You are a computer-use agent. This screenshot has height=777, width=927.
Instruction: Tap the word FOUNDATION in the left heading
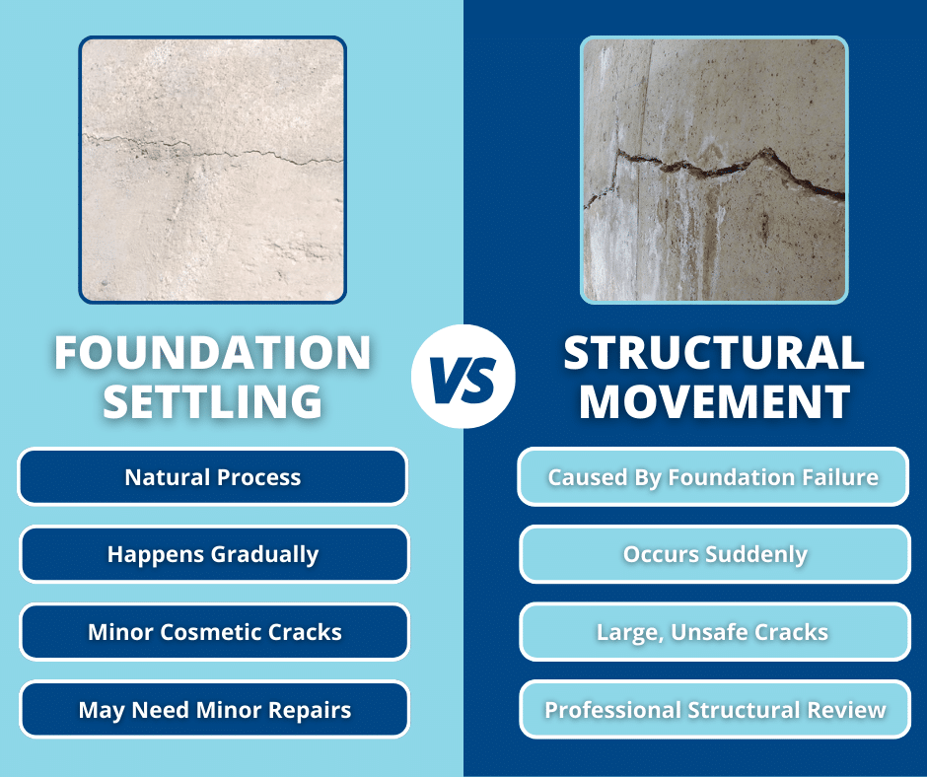[x=212, y=353]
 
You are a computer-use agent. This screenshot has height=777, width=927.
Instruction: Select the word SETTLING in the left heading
[x=212, y=401]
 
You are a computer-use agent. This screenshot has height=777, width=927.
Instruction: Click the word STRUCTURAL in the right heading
[x=714, y=353]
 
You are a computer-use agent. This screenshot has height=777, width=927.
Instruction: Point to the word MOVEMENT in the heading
[x=714, y=401]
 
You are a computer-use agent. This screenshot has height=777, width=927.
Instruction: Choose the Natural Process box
[x=213, y=477]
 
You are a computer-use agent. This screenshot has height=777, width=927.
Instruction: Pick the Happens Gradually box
[x=213, y=554]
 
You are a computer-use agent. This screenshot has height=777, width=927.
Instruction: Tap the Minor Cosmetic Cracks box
[x=213, y=632]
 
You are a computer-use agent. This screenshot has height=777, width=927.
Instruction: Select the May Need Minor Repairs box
[x=213, y=710]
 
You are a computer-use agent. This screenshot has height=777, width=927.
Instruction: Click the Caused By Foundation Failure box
[x=713, y=477]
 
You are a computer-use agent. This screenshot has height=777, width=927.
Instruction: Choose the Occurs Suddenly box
[x=715, y=554]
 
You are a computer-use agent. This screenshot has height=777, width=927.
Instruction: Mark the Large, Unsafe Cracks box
[x=715, y=632]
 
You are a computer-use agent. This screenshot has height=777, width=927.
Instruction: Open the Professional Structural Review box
[x=715, y=710]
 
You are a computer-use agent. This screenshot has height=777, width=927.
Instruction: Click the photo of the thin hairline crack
[x=213, y=169]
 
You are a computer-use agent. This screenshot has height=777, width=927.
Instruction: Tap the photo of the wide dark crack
[x=714, y=169]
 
